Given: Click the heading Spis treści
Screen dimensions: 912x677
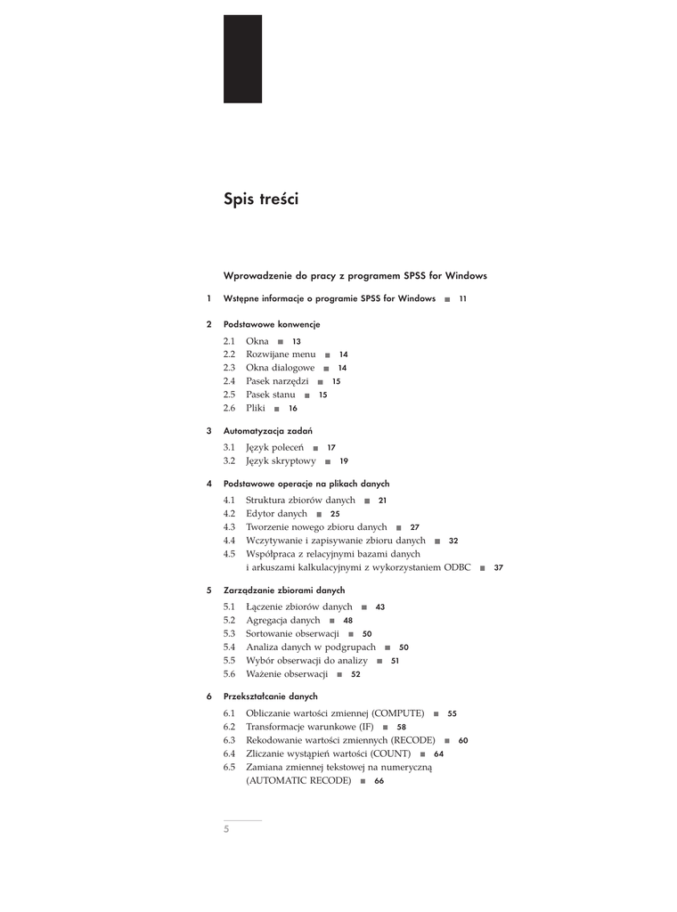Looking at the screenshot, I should point(261,199).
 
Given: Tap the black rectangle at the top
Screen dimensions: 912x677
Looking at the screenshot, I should point(242,59).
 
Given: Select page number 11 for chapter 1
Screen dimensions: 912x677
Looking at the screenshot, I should point(462,299).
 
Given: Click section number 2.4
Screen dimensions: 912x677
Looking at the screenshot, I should point(229,381).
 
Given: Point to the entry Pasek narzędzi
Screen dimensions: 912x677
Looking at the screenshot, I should point(277,381).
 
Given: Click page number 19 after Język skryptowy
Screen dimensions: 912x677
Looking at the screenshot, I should point(344,461).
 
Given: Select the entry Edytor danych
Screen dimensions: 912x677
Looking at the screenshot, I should point(276,514).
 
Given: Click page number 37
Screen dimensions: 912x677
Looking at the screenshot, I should point(498,567).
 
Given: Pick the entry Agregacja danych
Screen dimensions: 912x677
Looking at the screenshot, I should point(282,620).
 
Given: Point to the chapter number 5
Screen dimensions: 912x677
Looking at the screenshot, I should point(208,590).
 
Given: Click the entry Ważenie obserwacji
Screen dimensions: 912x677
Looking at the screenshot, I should point(287,674).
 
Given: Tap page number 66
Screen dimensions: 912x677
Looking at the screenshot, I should point(379,781).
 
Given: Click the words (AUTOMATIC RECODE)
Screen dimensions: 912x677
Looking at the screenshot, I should point(298,781).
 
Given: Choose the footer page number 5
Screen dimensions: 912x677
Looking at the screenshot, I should point(226,829).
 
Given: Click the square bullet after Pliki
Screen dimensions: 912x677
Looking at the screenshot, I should point(277,409).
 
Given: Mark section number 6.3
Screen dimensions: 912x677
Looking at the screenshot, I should point(229,740).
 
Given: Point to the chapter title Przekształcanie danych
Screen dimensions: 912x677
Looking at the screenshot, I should point(270,696).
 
